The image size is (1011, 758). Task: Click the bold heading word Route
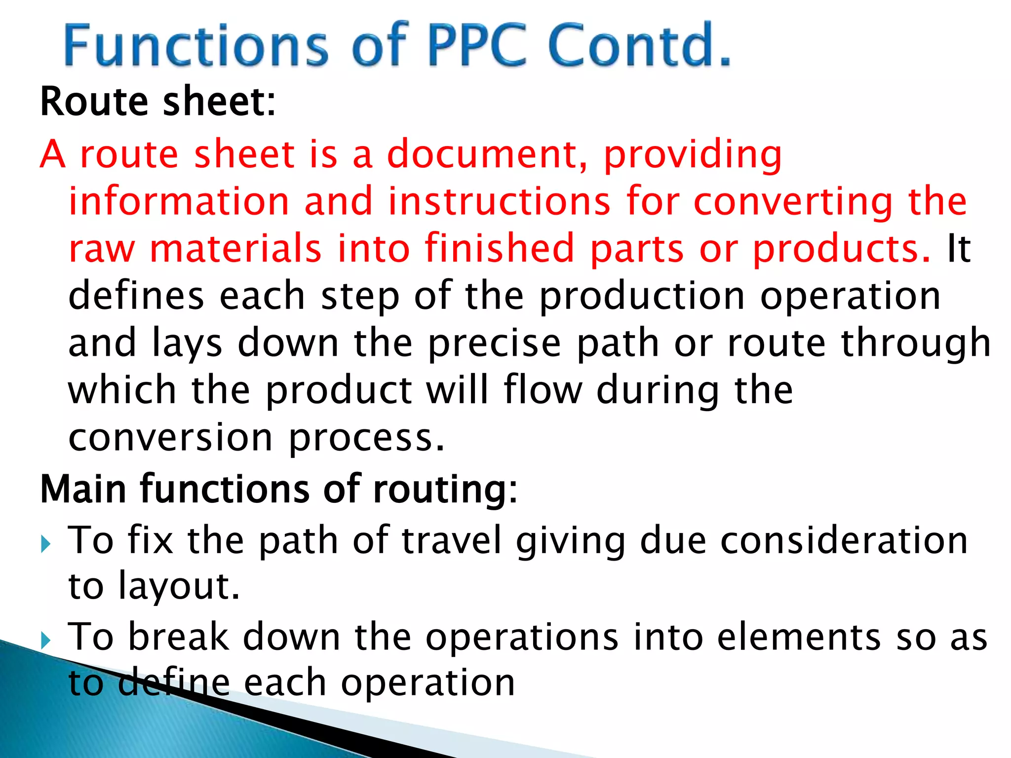click(x=94, y=102)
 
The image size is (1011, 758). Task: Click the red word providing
click(x=693, y=155)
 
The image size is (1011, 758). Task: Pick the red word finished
click(x=500, y=248)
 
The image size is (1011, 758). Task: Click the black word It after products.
click(x=959, y=248)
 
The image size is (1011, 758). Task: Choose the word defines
click(x=136, y=295)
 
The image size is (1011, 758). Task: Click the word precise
click(x=494, y=343)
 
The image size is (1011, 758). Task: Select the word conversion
click(x=170, y=437)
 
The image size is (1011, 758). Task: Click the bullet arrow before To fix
click(x=46, y=545)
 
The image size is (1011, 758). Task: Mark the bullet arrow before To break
click(x=46, y=641)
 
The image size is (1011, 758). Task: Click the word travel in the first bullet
click(x=452, y=540)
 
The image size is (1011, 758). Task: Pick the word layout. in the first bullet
click(x=179, y=587)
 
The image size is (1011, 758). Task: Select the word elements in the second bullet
click(x=799, y=637)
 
